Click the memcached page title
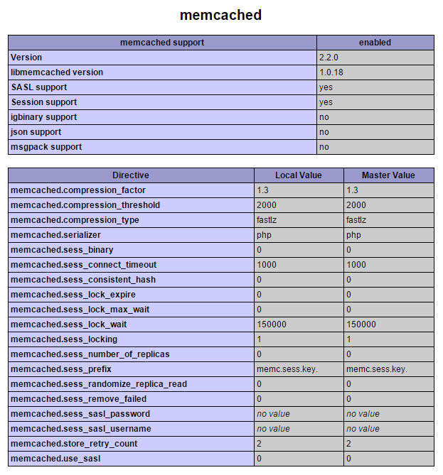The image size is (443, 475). coord(221,15)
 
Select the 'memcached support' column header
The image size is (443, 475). coord(162,43)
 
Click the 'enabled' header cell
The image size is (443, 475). coord(375,43)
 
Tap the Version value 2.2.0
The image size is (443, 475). coord(330,58)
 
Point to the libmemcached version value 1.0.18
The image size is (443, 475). coord(332,72)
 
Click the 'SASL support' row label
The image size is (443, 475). coord(39,87)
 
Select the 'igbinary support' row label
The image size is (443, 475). coord(44,117)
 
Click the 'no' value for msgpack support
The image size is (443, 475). coord(324,147)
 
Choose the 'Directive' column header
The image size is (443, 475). coord(131,175)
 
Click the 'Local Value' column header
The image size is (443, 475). coord(299,175)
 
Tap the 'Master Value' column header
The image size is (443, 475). coord(388,175)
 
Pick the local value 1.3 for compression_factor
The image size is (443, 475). coord(262,190)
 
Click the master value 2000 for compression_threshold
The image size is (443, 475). coord(356,205)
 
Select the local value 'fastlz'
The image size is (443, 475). coord(267,220)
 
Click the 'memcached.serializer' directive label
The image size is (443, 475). coord(55,235)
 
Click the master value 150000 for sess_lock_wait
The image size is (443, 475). coord(361,324)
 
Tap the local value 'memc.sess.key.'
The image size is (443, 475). coord(287,369)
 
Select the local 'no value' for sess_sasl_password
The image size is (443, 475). coord(273,414)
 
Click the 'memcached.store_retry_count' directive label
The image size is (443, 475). coord(74,444)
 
